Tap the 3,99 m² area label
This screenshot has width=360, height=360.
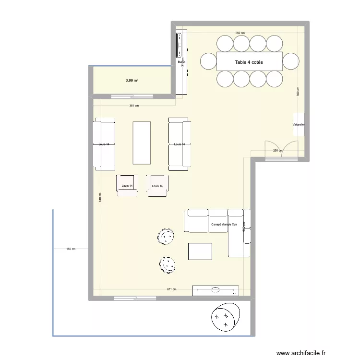132,80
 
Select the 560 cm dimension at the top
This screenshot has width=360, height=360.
240,33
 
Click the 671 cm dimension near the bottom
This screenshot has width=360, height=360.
171,289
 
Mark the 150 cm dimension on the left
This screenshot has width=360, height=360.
71,249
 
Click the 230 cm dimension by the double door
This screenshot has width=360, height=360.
277,151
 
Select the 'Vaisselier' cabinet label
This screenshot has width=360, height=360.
299,125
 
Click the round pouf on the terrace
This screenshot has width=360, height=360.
225,317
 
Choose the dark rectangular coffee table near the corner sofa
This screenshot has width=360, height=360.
200,252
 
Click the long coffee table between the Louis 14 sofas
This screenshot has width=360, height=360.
142,143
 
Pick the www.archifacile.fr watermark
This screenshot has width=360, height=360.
301,352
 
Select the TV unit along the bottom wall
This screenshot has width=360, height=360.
215,290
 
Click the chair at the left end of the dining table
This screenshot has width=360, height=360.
208,61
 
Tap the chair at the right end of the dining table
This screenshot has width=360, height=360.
291,61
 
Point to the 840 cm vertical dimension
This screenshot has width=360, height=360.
100,200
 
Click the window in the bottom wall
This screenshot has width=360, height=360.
132,298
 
